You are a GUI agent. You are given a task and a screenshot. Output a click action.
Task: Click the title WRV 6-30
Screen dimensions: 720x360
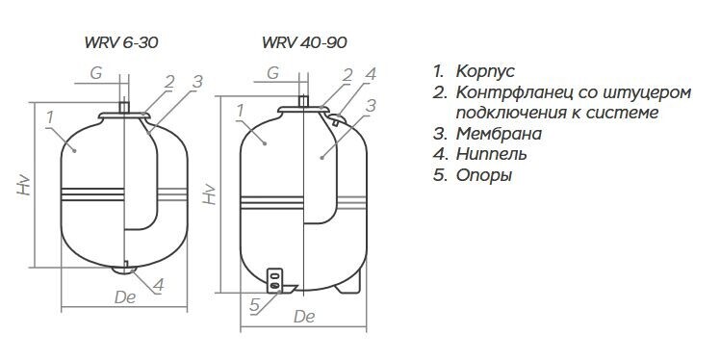(121, 42)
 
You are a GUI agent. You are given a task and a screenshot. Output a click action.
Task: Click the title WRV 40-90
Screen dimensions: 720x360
(304, 42)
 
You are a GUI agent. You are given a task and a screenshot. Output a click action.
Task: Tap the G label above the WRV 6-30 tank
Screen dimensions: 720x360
(96, 73)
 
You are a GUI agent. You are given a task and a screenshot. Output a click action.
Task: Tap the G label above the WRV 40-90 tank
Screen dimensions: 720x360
(273, 73)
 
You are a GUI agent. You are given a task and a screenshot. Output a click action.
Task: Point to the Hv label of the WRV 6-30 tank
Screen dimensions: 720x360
(24, 185)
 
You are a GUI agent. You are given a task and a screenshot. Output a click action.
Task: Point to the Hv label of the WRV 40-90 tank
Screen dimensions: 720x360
(210, 193)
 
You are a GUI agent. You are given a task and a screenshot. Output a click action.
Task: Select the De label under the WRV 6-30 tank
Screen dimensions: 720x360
(125, 297)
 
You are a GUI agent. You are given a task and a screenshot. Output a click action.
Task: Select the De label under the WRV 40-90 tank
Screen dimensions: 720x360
(304, 317)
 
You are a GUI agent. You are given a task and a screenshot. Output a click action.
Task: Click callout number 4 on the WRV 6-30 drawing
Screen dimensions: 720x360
(158, 285)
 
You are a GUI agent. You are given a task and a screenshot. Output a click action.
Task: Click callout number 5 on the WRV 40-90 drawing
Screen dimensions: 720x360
(255, 306)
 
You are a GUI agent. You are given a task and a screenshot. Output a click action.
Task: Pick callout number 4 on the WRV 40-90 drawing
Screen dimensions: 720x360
(371, 74)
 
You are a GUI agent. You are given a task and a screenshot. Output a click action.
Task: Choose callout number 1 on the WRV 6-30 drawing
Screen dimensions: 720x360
(50, 117)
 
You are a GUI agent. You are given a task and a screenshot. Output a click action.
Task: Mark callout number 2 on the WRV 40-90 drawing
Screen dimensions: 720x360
(347, 75)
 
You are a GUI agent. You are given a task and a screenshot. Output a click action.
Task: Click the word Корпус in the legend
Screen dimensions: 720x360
(485, 72)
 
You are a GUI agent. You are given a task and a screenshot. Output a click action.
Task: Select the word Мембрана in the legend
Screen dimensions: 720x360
(500, 134)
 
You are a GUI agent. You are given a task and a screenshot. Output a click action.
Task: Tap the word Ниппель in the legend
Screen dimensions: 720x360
(491, 155)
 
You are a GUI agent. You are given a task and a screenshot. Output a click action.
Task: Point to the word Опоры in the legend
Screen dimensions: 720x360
(484, 176)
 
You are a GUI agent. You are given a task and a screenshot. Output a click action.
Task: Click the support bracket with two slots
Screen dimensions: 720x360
(274, 280)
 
